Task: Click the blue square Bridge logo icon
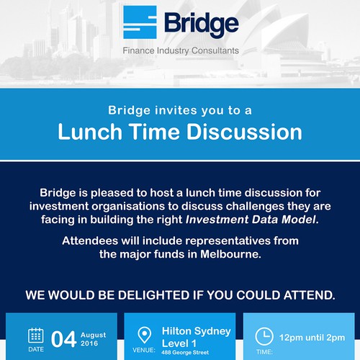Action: point(140,22)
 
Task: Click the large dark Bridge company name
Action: point(202,24)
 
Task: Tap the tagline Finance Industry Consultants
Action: point(181,51)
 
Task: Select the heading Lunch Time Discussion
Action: point(180,132)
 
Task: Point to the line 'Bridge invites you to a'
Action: point(180,111)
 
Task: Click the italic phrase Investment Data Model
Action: point(252,220)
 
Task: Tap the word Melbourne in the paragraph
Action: point(230,254)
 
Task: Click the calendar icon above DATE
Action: point(36,336)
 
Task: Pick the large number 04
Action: point(63,339)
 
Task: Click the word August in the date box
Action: point(94,335)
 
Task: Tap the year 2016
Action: point(89,343)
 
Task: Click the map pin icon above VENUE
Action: point(145,335)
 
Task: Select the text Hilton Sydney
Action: point(197,331)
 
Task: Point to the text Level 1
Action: point(179,343)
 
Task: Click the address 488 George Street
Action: point(185,353)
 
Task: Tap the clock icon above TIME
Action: point(264,336)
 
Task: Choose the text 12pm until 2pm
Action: point(312,338)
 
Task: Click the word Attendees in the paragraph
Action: point(90,240)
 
